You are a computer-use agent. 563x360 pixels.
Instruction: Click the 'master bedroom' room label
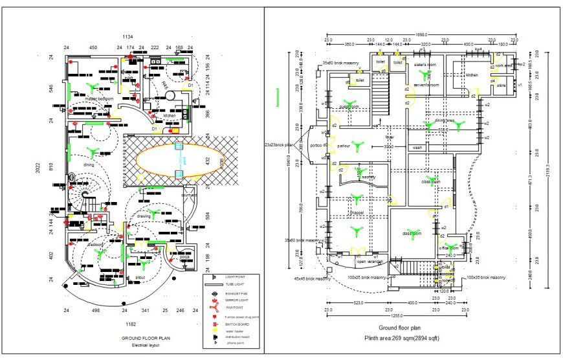(96, 99)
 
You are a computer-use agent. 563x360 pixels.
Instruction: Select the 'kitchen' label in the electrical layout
(170, 116)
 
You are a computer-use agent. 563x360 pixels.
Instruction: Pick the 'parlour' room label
(344, 146)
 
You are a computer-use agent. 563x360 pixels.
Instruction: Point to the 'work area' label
(503, 65)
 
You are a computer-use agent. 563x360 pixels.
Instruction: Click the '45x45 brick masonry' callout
(313, 279)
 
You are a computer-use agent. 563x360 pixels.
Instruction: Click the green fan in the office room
(453, 247)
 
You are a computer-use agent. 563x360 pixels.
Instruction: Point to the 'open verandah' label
(371, 262)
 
